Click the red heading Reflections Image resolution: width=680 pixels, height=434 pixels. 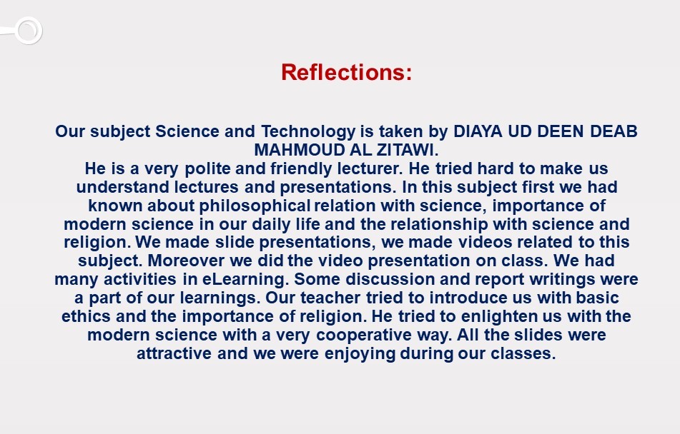[346, 73]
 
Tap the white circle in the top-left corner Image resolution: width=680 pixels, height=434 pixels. [27, 31]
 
